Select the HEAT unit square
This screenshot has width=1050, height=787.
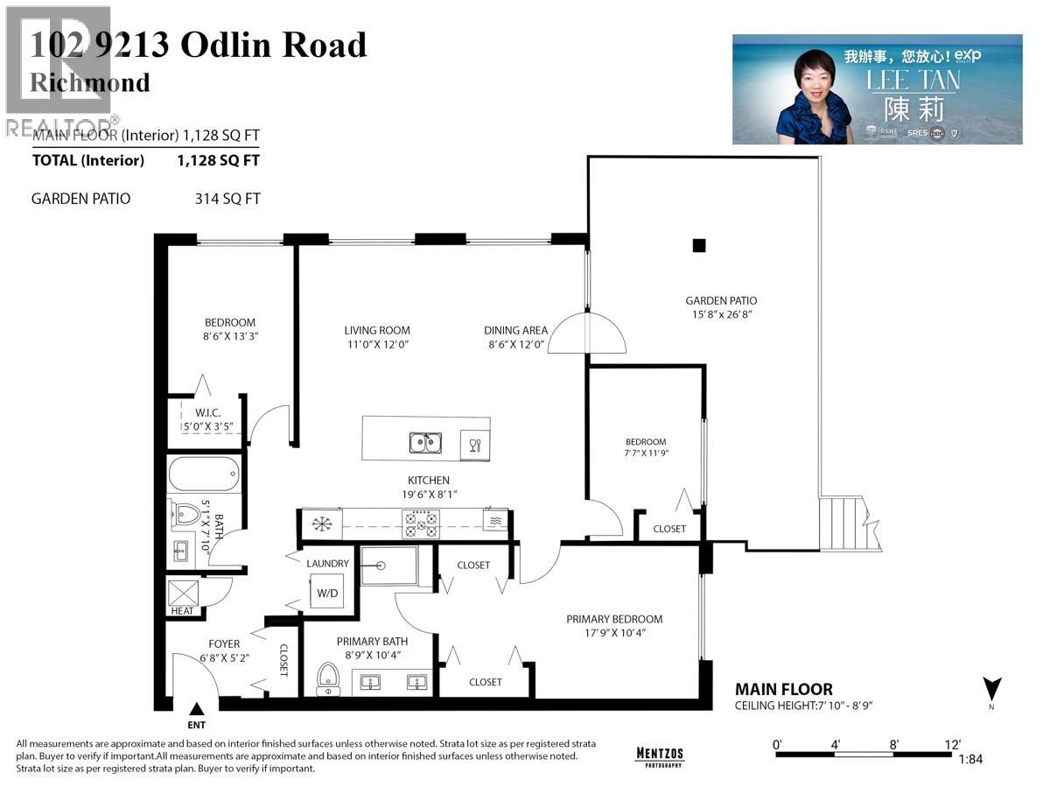183,594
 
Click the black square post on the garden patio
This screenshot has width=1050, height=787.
698,246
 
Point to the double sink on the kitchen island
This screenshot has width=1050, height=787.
424,443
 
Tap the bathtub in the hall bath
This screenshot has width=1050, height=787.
204,474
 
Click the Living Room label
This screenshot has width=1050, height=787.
377,330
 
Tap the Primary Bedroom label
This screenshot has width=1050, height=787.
614,619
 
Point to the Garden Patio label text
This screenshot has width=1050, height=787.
721,301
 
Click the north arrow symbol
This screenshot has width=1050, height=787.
992,691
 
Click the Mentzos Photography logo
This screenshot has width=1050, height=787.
659,755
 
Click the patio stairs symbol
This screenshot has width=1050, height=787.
843,523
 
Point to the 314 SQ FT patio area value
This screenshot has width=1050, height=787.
227,199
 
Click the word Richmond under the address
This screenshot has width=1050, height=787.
90,83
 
